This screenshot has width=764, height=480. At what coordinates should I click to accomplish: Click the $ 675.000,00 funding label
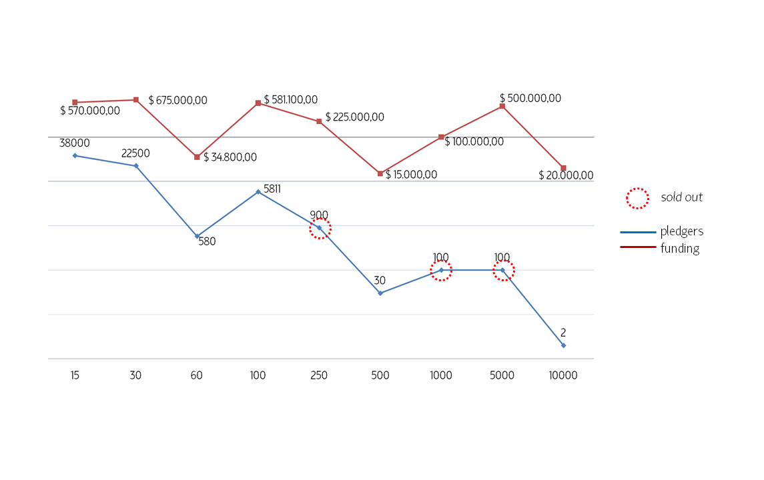(x=177, y=101)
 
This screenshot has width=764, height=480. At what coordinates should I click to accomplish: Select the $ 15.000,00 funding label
(x=411, y=175)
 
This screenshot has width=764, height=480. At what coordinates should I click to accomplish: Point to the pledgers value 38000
(x=75, y=143)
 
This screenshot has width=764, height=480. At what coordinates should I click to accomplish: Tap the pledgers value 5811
(x=272, y=189)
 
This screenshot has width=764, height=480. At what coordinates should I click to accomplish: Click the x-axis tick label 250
(x=319, y=375)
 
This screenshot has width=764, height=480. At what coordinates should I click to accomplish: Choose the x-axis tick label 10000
(x=563, y=375)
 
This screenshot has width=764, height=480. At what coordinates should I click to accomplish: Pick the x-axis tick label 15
(x=75, y=375)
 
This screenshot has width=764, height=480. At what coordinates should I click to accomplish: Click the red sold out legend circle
(x=637, y=198)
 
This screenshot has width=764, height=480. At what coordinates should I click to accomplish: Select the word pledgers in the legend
(x=682, y=231)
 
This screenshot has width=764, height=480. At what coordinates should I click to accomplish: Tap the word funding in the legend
(x=680, y=249)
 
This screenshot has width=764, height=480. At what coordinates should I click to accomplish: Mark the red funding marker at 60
(x=197, y=157)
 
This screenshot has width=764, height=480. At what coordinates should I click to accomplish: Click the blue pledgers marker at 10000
(x=563, y=345)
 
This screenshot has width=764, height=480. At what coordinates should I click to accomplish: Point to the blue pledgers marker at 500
(x=380, y=293)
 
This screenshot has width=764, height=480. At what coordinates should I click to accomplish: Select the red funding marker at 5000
(x=502, y=106)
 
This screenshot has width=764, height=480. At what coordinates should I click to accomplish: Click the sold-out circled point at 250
(x=320, y=228)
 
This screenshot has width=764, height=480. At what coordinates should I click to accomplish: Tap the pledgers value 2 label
(x=563, y=333)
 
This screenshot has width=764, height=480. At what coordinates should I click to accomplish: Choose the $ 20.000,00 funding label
(x=566, y=175)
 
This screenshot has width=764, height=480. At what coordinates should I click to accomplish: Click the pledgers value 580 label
(x=207, y=242)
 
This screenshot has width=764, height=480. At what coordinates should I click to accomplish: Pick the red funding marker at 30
(x=135, y=100)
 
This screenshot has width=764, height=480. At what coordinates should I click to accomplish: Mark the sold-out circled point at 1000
(x=441, y=270)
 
